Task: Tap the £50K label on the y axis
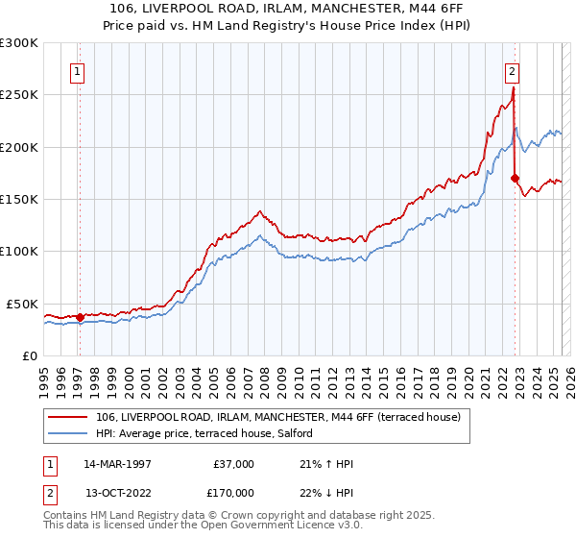23,304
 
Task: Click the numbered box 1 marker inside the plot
77,70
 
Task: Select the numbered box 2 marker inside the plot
513,70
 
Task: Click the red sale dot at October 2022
516,178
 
